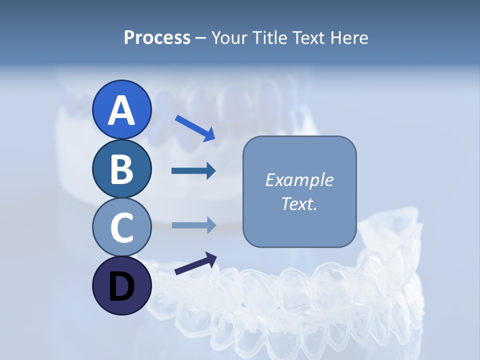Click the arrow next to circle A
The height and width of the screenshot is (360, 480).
pyautogui.click(x=194, y=127)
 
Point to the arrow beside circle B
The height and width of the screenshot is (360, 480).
pyautogui.click(x=193, y=171)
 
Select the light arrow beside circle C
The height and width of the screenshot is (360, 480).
pyautogui.click(x=193, y=225)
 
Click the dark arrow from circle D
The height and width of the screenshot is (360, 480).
pyautogui.click(x=195, y=263)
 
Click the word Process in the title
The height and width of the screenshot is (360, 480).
pyautogui.click(x=157, y=37)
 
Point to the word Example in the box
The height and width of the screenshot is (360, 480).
pyautogui.click(x=299, y=180)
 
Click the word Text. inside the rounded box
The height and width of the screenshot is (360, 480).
pyautogui.click(x=299, y=204)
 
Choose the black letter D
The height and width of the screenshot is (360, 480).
pyautogui.click(x=121, y=287)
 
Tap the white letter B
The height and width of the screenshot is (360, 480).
pyautogui.click(x=121, y=169)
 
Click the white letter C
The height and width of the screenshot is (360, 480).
pyautogui.click(x=121, y=228)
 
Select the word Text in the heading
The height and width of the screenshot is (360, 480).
pyautogui.click(x=306, y=37)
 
